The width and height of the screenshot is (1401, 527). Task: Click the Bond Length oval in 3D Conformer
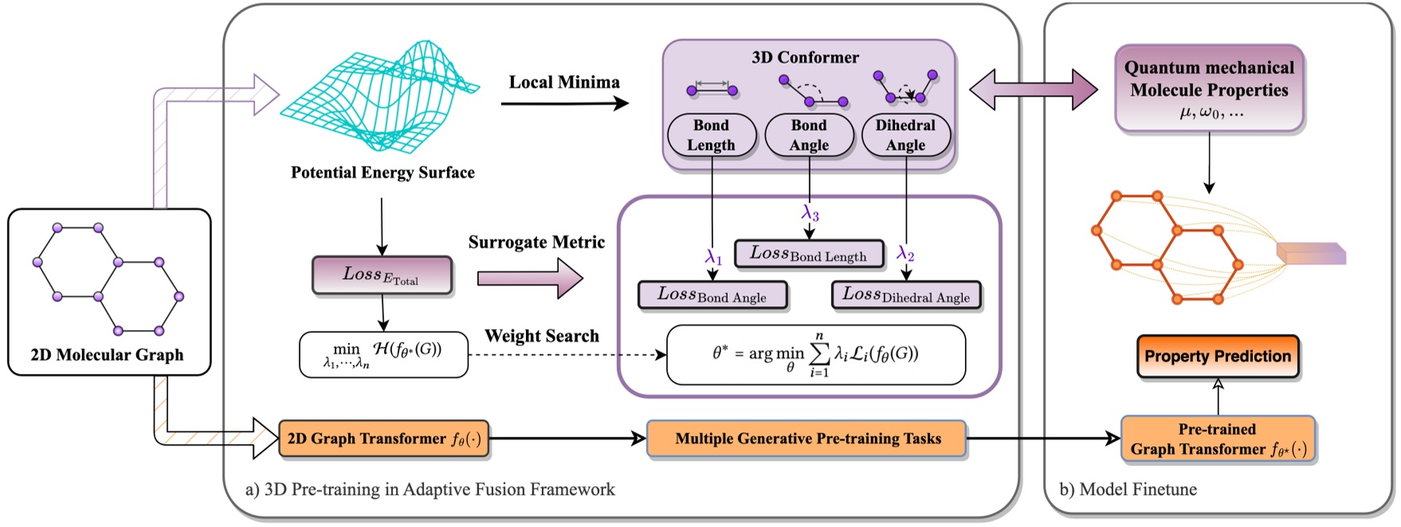pos(711,136)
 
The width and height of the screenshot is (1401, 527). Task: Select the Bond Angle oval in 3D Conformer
pos(809,136)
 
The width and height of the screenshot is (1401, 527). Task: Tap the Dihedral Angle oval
pos(906,136)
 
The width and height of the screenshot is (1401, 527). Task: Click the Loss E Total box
pos(382,276)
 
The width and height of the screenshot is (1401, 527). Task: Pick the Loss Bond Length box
pos(808,254)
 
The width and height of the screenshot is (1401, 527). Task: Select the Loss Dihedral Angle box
pos(906,295)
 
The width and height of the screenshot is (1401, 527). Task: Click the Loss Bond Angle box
pos(712,295)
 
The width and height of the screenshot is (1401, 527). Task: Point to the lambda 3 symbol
pos(810,213)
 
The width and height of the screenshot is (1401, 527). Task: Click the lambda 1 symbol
pos(713,257)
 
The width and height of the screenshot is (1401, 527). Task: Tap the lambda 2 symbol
pos(905,254)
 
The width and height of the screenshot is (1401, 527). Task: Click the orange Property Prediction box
pos(1217,356)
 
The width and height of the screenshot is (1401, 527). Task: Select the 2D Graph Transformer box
pos(383,439)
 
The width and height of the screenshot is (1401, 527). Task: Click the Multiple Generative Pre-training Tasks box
pos(807,439)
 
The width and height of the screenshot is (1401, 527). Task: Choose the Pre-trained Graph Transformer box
pos(1217,439)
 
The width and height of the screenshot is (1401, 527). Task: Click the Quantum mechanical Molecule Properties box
pos(1209,88)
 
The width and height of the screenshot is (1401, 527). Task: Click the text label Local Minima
pos(564,82)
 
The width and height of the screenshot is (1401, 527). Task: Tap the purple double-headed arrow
pos(1034,89)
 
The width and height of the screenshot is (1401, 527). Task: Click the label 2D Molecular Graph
pos(108,355)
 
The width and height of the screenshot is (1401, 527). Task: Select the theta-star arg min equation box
pos(815,355)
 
